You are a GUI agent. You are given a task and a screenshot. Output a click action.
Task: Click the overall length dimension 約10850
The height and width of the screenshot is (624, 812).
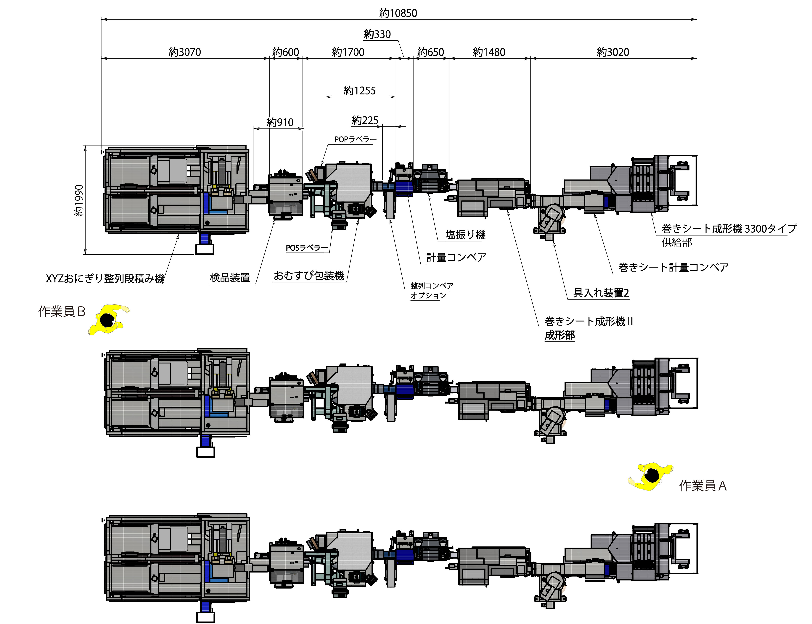pyautogui.click(x=398, y=13)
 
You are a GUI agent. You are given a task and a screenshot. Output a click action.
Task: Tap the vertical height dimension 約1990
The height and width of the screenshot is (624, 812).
pyautogui.click(x=79, y=201)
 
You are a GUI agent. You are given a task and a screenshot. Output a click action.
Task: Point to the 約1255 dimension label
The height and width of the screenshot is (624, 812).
pyautogui.click(x=360, y=91)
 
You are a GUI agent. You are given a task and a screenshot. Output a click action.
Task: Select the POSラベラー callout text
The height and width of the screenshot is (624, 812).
pyautogui.click(x=307, y=248)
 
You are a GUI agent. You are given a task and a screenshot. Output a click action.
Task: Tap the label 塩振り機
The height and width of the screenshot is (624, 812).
pyautogui.click(x=465, y=235)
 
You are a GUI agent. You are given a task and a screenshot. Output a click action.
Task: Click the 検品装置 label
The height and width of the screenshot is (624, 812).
pyautogui.click(x=230, y=277)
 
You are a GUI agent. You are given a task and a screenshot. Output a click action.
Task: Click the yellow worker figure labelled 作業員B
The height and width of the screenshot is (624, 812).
pyautogui.click(x=108, y=319)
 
